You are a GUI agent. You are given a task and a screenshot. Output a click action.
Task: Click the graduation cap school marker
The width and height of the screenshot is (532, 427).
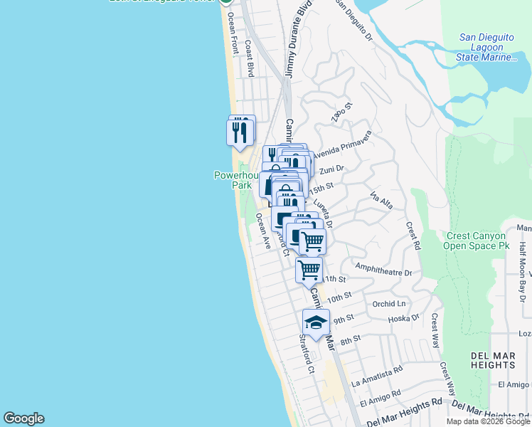[x=316, y=323]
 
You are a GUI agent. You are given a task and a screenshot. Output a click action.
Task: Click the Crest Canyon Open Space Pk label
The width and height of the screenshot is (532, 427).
[x=476, y=241]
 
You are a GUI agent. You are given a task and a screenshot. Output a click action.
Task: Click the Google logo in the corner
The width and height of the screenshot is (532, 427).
[x=23, y=418]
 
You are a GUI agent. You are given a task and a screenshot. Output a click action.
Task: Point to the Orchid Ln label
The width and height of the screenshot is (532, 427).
[x=388, y=302]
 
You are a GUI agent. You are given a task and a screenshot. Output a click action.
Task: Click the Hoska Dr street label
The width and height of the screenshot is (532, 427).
[x=405, y=318]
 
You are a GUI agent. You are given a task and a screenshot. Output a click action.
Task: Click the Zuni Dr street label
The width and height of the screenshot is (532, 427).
[x=331, y=169]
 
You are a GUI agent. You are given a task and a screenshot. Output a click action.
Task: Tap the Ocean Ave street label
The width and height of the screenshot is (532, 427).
[x=263, y=232]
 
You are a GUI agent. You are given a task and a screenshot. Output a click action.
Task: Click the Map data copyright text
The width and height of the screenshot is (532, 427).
[x=488, y=421]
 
